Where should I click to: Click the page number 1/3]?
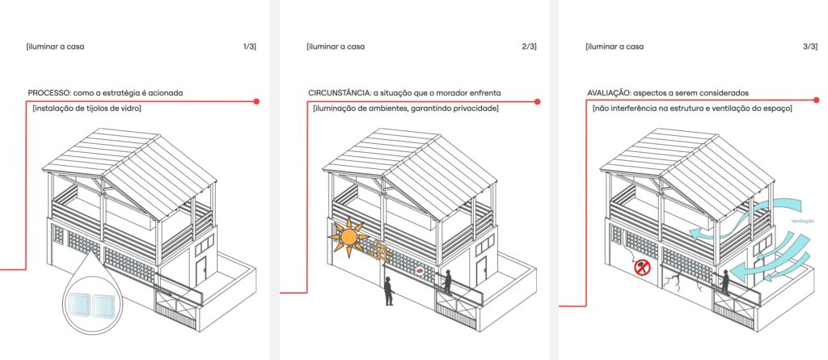(249, 47)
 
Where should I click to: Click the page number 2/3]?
(529, 47)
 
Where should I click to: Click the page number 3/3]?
(809, 47)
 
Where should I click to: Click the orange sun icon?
(348, 237)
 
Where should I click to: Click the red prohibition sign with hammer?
(642, 267)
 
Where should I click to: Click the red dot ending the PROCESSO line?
(256, 101)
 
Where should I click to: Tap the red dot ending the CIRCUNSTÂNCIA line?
(537, 101)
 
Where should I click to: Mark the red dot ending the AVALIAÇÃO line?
(817, 100)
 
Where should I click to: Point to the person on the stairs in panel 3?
(725, 282)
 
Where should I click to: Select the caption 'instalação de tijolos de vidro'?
(87, 109)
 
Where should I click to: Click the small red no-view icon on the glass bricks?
(420, 271)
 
